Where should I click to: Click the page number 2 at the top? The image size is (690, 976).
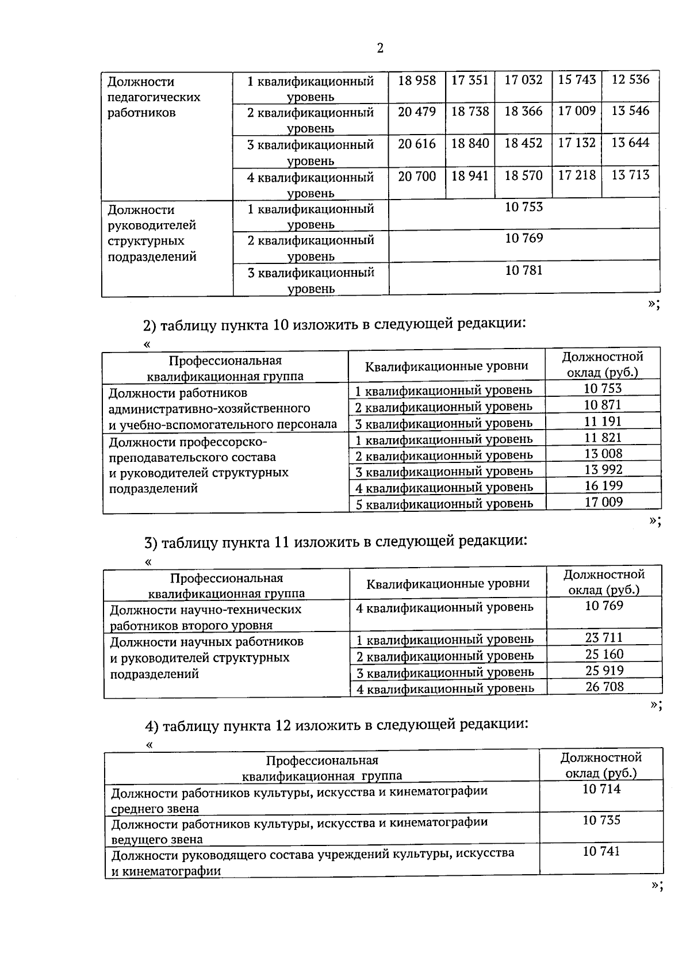point(379,48)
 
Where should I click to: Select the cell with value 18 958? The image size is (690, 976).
point(417,80)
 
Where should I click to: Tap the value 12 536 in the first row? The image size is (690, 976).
point(630,79)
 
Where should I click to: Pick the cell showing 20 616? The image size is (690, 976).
point(417,144)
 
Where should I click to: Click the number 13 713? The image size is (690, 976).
point(630,175)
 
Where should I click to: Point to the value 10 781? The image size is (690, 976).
point(523,270)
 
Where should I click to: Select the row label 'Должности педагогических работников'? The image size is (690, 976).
point(154,97)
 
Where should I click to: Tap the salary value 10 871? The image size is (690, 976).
point(603,405)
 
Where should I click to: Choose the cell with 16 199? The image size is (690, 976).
point(603,485)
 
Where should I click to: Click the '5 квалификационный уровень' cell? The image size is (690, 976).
point(444,504)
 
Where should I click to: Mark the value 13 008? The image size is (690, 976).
point(603,453)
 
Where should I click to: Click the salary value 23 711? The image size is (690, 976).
point(604,637)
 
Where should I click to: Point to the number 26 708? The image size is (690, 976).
point(604,686)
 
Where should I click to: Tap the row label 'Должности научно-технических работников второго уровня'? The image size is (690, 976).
point(205,617)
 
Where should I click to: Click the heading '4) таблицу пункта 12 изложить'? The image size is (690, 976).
point(336,725)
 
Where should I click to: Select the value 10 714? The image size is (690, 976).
point(601,789)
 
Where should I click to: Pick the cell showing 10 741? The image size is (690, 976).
point(601,852)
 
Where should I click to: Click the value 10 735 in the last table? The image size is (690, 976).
point(601,820)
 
